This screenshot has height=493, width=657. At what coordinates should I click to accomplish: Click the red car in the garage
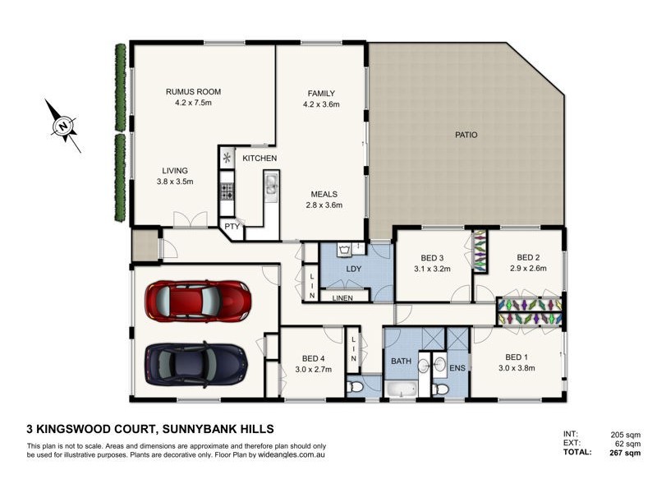198,302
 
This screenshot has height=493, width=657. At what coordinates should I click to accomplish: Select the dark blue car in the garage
195,362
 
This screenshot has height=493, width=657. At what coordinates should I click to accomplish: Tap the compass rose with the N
62,126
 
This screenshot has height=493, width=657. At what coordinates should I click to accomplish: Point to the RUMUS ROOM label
193,91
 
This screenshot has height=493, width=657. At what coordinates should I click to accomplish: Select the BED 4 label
313,358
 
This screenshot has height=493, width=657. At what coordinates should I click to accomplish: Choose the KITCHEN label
260,158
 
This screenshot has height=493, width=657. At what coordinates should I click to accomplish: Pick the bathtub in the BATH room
402,389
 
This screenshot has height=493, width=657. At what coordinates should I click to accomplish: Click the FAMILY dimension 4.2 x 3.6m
321,104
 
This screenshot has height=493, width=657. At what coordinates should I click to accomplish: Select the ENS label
457,367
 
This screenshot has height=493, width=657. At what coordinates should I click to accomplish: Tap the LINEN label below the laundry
344,297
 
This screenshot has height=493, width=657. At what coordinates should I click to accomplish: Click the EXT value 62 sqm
627,443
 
